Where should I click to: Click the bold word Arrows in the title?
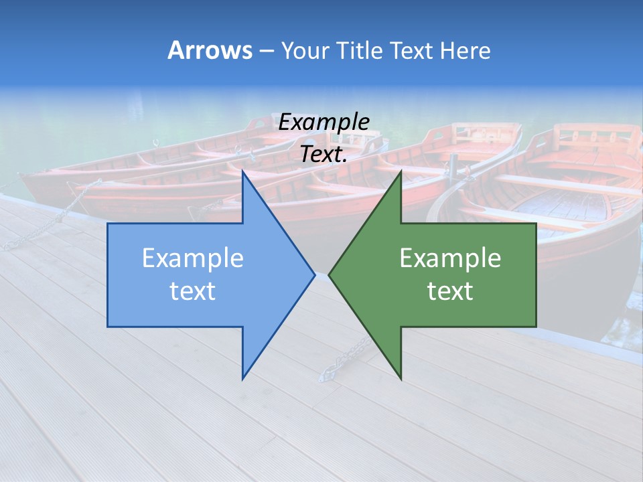coord(210,50)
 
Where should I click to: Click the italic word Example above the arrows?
coord(324,123)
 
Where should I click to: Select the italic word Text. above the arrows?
coord(324,154)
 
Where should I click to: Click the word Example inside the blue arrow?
coord(193,258)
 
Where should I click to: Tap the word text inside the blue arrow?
coord(193,291)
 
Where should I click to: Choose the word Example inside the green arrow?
coord(450,258)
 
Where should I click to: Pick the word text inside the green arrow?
coord(450,291)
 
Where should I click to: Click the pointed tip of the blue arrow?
coord(315,274)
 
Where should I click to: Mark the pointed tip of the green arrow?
coord(329,274)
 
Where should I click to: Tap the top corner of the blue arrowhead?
coord(242,171)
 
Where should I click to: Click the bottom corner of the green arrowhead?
coord(401,378)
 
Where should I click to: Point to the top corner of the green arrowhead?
coord(401,171)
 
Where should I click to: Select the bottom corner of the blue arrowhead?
coord(242,378)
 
